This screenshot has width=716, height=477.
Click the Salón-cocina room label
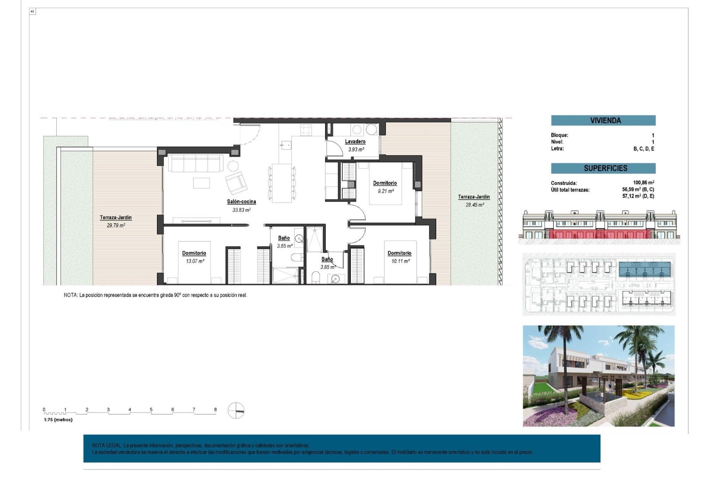tap(241, 202)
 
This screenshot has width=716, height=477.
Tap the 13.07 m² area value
tap(195, 261)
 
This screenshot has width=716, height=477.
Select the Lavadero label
tap(355, 142)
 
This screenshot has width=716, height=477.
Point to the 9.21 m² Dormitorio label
tap(385, 183)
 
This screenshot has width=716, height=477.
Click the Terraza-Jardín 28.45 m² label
tap(474, 197)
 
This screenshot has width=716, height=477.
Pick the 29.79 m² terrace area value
tap(116, 225)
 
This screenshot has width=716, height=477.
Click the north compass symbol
tap(236, 411)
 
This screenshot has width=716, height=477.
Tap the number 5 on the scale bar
tap(151, 410)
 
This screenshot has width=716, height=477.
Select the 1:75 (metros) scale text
tap(58, 420)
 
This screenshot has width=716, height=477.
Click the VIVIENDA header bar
tap(603, 120)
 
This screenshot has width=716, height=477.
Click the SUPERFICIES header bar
tap(603, 168)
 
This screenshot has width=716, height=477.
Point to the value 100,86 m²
tap(643, 183)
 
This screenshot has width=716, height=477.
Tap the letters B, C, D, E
tap(644, 149)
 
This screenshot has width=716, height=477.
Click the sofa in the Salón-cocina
tap(195, 163)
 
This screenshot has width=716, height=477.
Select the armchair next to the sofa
tap(236, 183)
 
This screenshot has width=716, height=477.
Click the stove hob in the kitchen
tap(306, 130)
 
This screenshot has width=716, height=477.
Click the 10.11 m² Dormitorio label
tap(399, 253)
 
